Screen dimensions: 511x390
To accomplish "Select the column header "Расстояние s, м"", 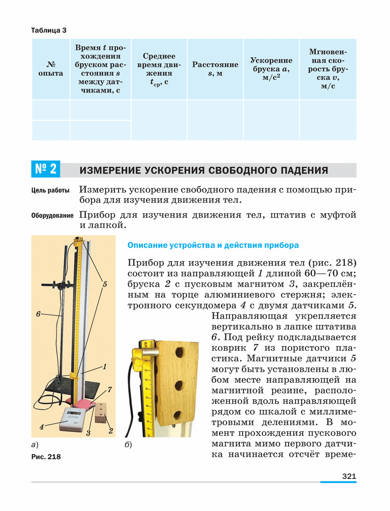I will click(x=215, y=69).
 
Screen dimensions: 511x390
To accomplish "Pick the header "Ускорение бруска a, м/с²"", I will click(x=271, y=69).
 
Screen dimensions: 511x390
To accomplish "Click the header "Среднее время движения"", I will click(x=159, y=69).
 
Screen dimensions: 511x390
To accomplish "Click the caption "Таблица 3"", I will click(x=49, y=30).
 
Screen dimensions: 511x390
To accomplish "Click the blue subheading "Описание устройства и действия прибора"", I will click(x=213, y=245).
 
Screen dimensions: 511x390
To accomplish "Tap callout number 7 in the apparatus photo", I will click(x=110, y=390).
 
